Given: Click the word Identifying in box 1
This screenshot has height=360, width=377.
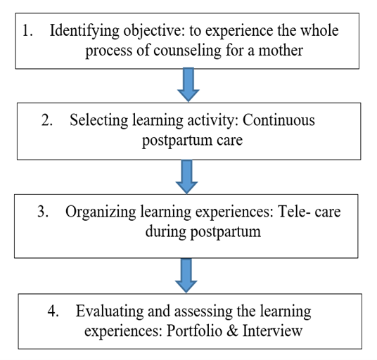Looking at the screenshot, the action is tap(84, 32).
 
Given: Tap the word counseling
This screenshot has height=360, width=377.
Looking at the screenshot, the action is tap(187, 51).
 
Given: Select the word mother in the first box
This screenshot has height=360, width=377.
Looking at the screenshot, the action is tap(281, 51).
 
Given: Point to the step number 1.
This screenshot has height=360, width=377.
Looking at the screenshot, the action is tap(27, 31).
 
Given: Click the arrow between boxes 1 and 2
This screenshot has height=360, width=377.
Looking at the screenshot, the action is tap(188, 84).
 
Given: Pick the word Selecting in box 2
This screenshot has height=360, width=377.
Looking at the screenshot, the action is tap(98, 121).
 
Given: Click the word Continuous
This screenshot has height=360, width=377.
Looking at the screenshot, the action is tap(279, 120).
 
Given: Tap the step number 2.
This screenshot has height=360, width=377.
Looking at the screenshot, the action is tap(47, 120).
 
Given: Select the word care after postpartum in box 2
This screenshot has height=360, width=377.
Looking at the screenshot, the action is tap(229, 141).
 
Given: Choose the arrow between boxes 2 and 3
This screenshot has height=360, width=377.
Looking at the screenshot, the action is tap(186, 176).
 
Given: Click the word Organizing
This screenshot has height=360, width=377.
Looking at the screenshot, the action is tap(101, 212).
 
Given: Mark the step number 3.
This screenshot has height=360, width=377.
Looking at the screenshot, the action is tap(43, 212).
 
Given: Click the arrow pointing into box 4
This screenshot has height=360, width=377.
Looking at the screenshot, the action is tap(186, 276).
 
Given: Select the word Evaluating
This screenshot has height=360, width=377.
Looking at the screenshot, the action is tap(110, 311).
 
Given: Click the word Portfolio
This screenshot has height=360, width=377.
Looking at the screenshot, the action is tap(194, 330).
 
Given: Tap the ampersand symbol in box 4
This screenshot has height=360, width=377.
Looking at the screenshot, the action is tap(232, 330).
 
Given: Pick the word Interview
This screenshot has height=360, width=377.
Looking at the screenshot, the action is tap(272, 330).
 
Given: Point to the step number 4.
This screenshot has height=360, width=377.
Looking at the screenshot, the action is tap(53, 311).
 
